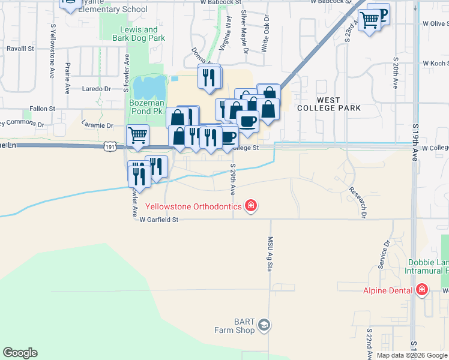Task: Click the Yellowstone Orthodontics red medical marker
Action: [x=251, y=207]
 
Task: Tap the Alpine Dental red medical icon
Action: [x=422, y=290]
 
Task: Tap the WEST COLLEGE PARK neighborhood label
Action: [x=330, y=104]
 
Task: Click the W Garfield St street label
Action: [x=159, y=220]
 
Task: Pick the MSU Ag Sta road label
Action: [x=270, y=252]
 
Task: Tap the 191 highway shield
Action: [x=109, y=146]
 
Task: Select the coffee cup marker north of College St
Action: [x=247, y=121]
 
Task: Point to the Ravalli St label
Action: [x=20, y=49]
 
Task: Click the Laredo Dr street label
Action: [x=97, y=88]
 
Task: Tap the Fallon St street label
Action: [x=42, y=109]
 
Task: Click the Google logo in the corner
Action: [x=20, y=353]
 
